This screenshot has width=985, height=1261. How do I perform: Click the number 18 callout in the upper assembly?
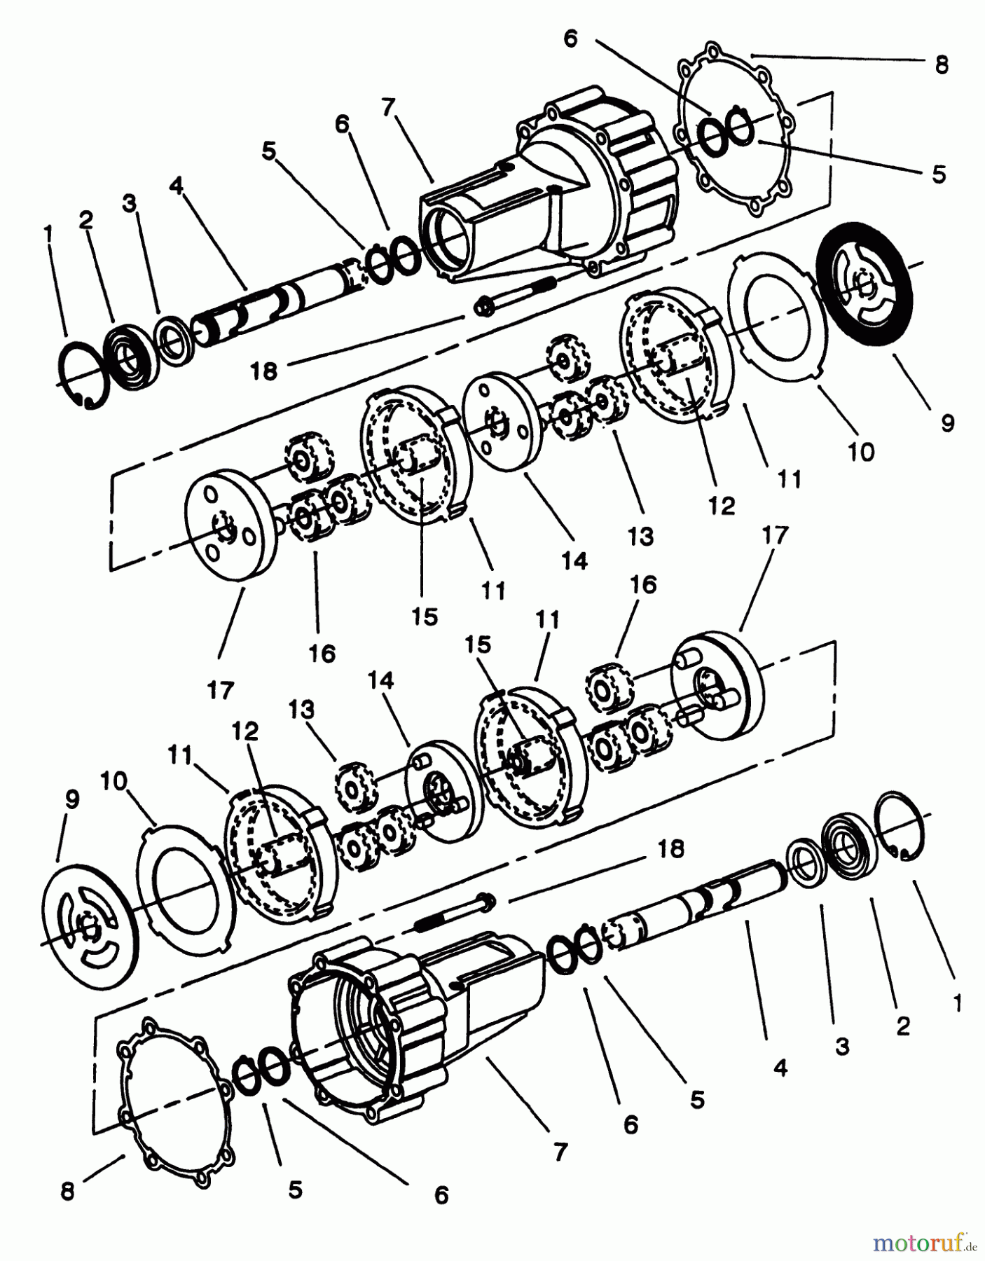(264, 370)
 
